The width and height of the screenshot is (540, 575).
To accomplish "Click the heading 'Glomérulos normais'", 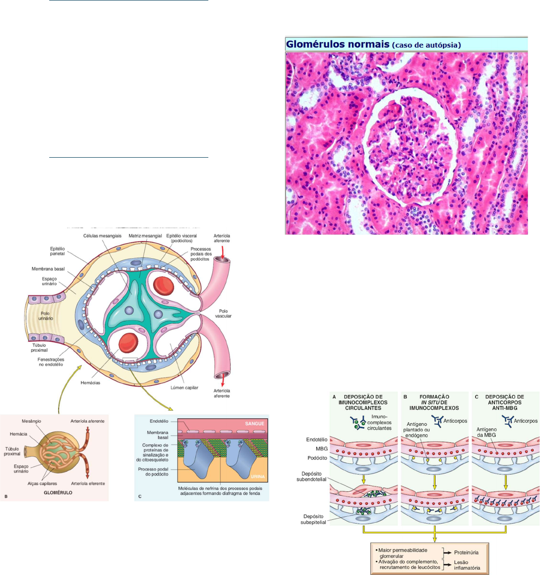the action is click(x=338, y=44).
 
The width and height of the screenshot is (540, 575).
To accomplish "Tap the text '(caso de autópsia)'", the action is click(x=427, y=45).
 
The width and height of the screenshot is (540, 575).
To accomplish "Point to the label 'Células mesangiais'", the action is click(x=102, y=236).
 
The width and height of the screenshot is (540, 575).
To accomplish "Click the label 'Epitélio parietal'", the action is click(x=57, y=251).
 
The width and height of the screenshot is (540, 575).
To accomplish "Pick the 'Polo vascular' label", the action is click(x=224, y=313).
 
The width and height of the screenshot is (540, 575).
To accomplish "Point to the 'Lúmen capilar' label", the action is click(x=184, y=387).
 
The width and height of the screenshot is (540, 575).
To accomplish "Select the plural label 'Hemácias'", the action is click(x=90, y=383).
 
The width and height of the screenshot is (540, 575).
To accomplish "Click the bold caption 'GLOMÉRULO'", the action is click(x=58, y=492).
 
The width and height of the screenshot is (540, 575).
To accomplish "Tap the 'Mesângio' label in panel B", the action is click(x=31, y=421).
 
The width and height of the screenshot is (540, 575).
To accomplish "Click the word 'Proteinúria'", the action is click(x=466, y=552).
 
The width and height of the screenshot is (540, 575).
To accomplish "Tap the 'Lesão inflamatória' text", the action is click(x=467, y=565).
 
